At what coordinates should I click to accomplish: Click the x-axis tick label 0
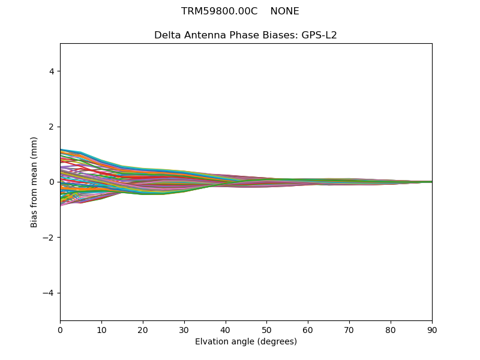pyautogui.click(x=60, y=329)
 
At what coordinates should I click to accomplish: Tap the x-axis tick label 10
pyautogui.click(x=101, y=329)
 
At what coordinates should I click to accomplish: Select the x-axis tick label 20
pyautogui.click(x=143, y=329)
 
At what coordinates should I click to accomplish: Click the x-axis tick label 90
pyautogui.click(x=432, y=329)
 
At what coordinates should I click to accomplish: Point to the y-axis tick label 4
pyautogui.click(x=52, y=71)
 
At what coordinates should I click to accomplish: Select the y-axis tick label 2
pyautogui.click(x=52, y=127)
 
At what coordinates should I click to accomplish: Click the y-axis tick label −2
pyautogui.click(x=49, y=238)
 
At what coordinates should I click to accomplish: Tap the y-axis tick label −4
pyautogui.click(x=49, y=293)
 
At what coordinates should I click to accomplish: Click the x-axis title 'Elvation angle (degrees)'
pyautogui.click(x=246, y=341)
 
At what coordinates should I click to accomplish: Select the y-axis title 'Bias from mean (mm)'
pyautogui.click(x=35, y=182)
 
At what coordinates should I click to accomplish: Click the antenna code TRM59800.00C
pyautogui.click(x=219, y=11)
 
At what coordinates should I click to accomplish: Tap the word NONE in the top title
pyautogui.click(x=284, y=11)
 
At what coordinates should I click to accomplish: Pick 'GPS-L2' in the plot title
pyautogui.click(x=319, y=35)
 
